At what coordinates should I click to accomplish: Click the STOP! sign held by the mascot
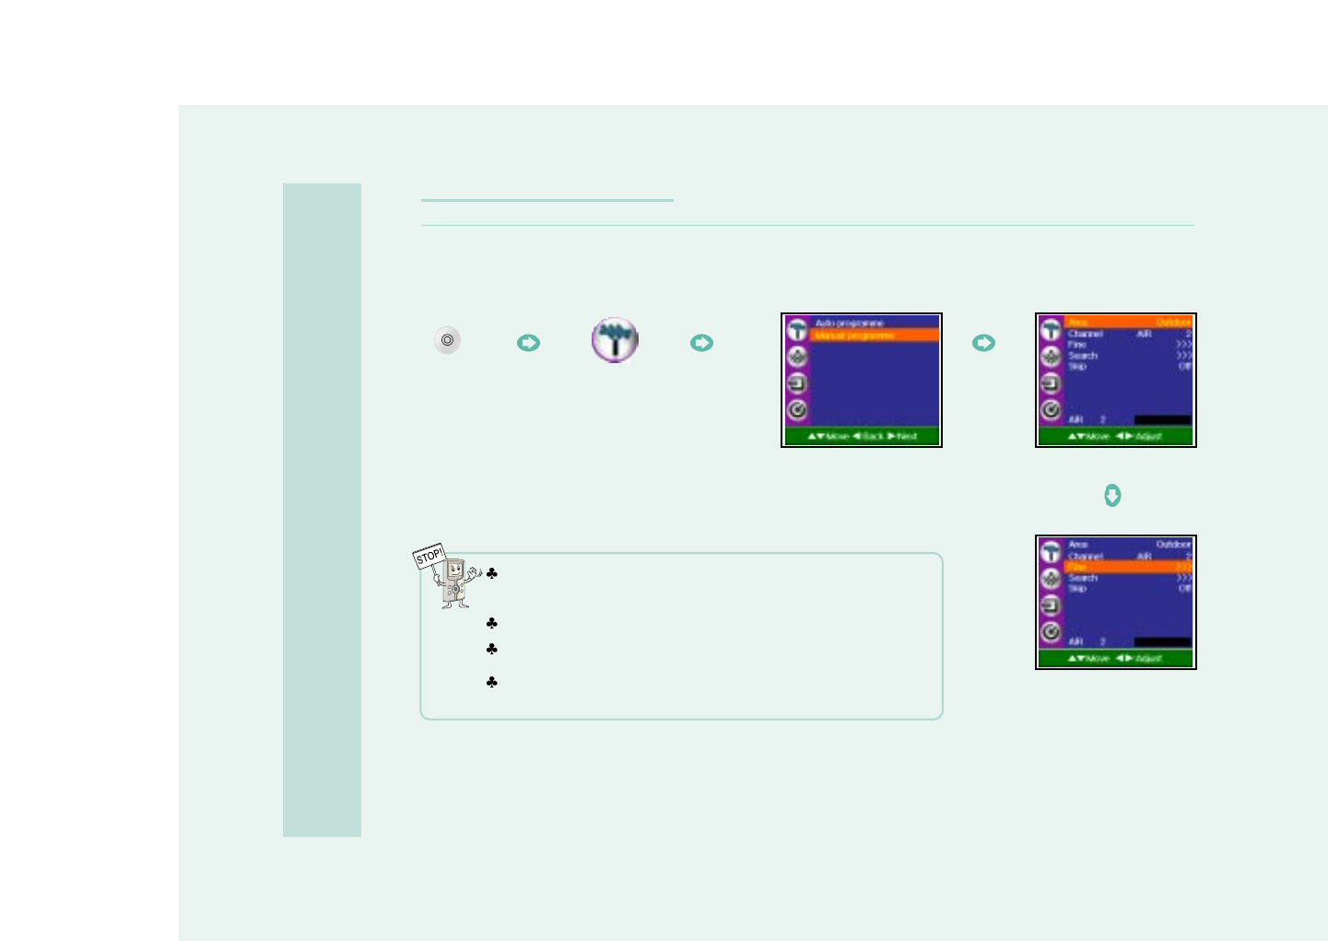[429, 557]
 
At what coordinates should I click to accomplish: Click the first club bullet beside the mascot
[492, 574]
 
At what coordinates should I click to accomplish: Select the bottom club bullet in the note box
[492, 683]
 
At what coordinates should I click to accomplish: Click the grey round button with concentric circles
[448, 341]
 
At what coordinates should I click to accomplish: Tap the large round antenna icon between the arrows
[615, 340]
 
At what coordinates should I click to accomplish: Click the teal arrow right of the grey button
[528, 343]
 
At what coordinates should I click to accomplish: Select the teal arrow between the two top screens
[983, 343]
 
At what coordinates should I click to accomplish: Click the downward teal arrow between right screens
[1112, 496]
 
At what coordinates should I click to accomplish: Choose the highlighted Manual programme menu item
[874, 335]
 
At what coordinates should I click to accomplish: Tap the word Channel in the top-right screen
[1085, 334]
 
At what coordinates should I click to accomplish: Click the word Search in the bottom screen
[1082, 578]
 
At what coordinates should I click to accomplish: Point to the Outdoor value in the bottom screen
[1173, 545]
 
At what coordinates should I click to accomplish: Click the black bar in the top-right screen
[1162, 420]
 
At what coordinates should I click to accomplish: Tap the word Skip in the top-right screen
[1076, 367]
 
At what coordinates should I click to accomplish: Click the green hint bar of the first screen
[862, 436]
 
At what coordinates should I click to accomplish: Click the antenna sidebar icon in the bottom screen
[1051, 552]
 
